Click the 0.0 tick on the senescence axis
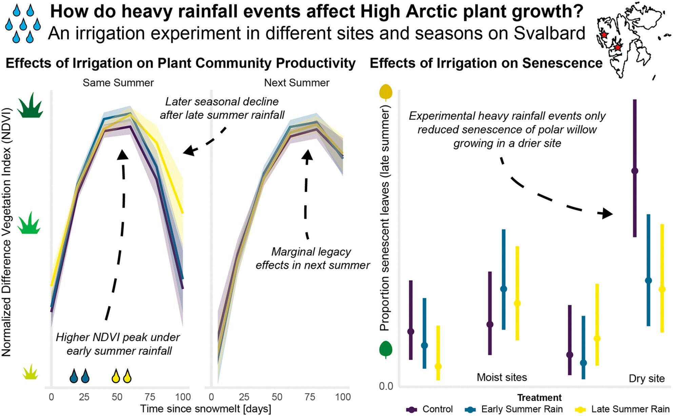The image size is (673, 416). pyautogui.click(x=386, y=386)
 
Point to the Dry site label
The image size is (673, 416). pyautogui.click(x=647, y=378)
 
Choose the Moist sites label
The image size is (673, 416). pyautogui.click(x=502, y=377)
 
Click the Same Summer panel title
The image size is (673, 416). pyautogui.click(x=118, y=83)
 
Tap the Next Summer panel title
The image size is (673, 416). pyautogui.click(x=297, y=83)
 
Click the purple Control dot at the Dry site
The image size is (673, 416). pyautogui.click(x=635, y=171)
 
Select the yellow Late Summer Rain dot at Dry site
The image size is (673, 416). pyautogui.click(x=662, y=289)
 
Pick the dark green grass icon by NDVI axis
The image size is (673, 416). pyautogui.click(x=30, y=105)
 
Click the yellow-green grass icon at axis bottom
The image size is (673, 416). pyautogui.click(x=30, y=372)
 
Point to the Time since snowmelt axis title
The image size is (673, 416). pyautogui.click(x=206, y=409)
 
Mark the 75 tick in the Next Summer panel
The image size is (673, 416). pyautogui.click(x=310, y=397)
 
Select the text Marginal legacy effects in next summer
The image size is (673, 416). pyautogui.click(x=312, y=258)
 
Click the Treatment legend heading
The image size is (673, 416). pyautogui.click(x=539, y=397)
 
